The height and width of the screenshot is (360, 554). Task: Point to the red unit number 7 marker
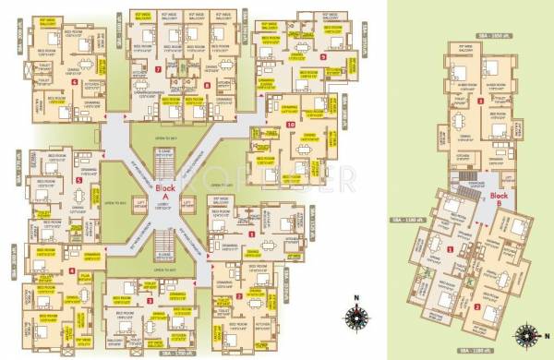(159, 68)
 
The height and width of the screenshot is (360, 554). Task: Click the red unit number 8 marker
(207, 85)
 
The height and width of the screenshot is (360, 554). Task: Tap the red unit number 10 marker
(291, 124)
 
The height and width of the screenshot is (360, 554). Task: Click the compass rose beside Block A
(354, 318)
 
